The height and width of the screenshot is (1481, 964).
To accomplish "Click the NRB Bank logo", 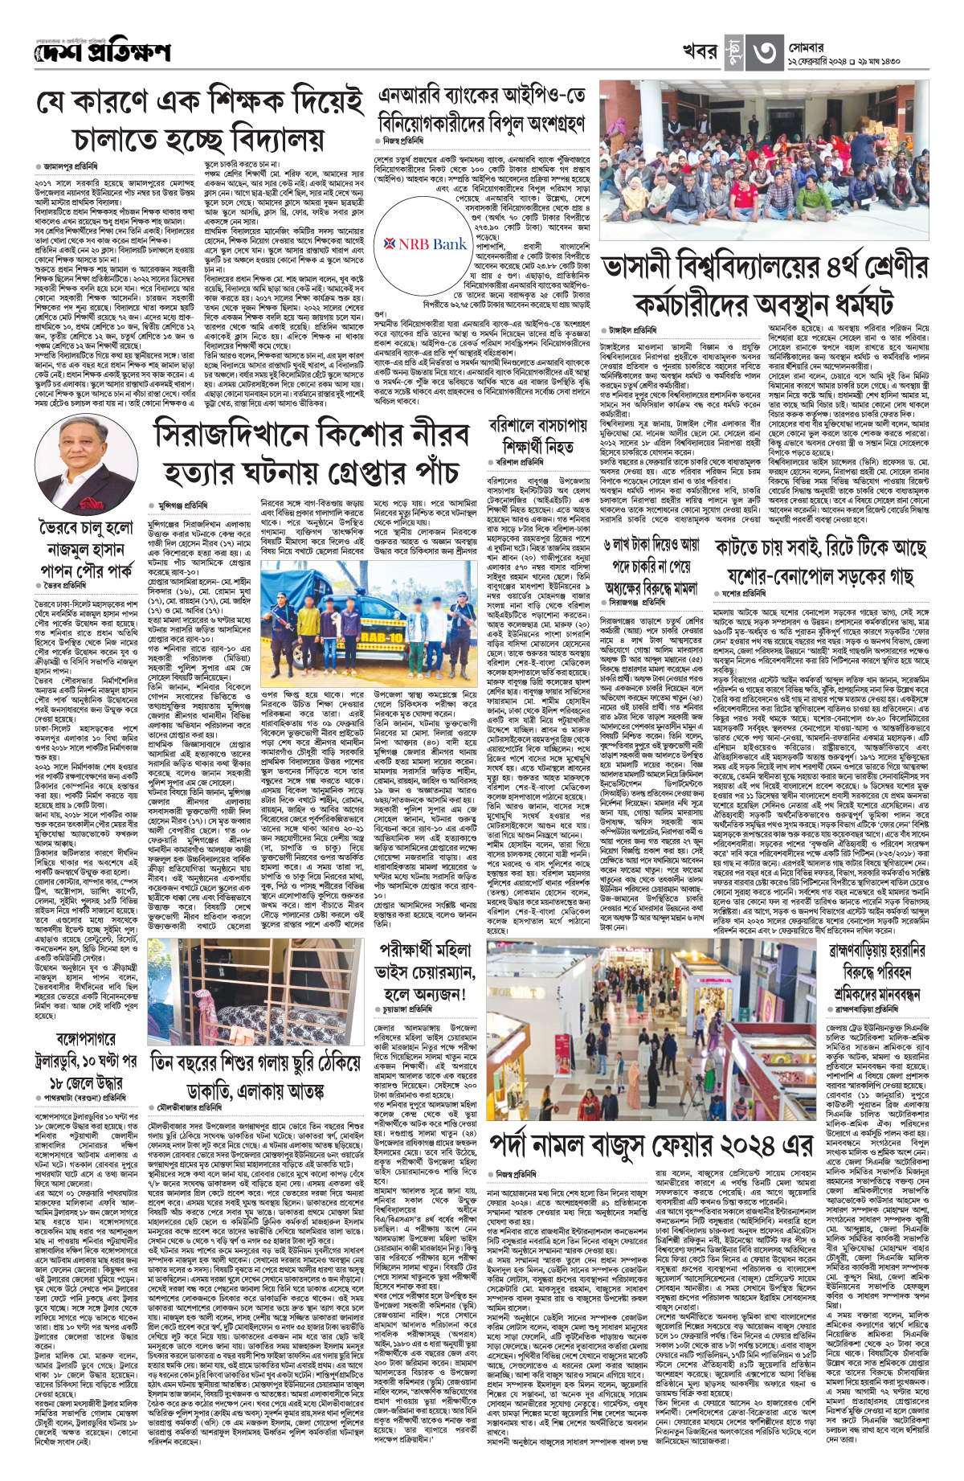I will pos(427,244).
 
